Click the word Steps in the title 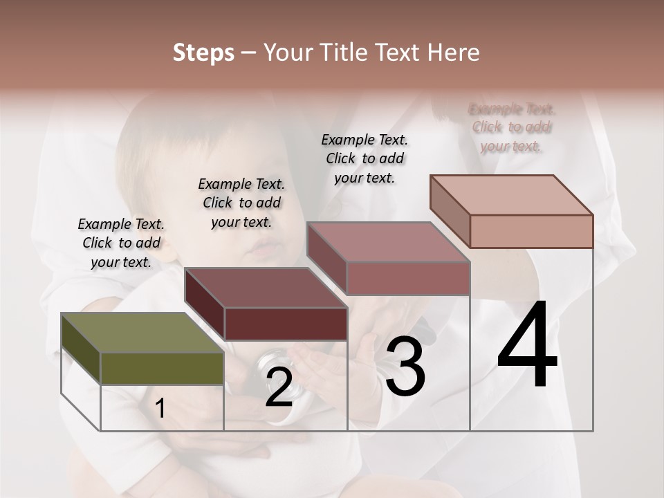(203, 53)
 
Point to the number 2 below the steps (279, 387)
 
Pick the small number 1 (160, 408)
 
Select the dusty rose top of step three (388, 242)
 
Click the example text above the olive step (121, 243)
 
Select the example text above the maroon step (241, 203)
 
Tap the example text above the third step (365, 158)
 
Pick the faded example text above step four (512, 127)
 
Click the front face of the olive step (162, 368)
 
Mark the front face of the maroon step (286, 324)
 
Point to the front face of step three (408, 278)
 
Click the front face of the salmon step (531, 231)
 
